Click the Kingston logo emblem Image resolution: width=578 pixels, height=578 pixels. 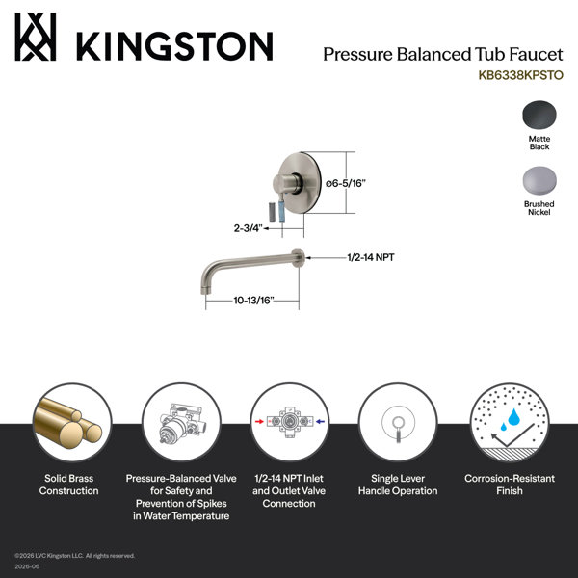[36, 37]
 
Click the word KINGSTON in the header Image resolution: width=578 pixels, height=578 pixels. [174, 46]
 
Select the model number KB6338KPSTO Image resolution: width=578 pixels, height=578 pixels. [520, 75]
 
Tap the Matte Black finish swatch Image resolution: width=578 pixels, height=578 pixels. [539, 115]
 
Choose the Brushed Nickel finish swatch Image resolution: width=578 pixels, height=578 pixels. [539, 180]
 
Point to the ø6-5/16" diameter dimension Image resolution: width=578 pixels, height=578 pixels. [346, 183]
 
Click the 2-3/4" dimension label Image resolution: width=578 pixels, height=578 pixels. [248, 228]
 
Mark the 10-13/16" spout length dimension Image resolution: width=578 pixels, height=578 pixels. [254, 301]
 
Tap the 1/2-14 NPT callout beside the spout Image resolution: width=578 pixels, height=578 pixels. [371, 257]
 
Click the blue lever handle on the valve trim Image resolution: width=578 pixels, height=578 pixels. [281, 211]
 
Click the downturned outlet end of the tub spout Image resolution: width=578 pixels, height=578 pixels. [204, 287]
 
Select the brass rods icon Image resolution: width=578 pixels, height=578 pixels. [69, 423]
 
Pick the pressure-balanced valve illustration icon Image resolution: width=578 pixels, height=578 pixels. [181, 423]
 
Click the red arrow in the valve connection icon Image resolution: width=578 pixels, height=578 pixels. [259, 421]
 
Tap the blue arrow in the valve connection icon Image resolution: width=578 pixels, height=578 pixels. [321, 421]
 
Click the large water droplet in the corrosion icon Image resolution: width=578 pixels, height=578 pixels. [513, 416]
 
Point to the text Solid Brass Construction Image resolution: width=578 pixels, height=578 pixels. [69, 485]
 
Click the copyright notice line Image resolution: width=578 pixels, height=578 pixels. [75, 556]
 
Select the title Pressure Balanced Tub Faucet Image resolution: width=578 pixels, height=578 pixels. [443, 55]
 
